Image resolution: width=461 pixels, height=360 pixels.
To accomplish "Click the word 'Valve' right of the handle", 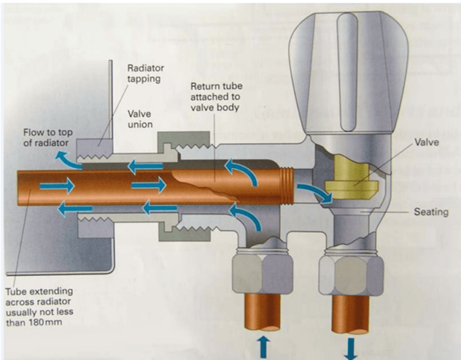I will (427, 143).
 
